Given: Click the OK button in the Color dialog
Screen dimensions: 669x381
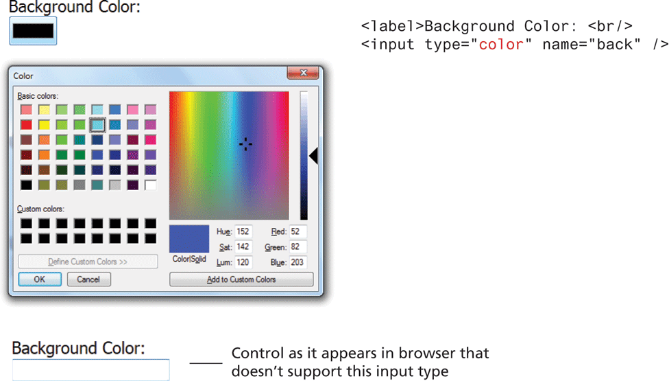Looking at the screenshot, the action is (x=40, y=279).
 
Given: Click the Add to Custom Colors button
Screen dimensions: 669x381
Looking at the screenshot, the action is (x=241, y=279).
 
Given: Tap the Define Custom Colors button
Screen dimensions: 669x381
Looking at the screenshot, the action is (x=88, y=262).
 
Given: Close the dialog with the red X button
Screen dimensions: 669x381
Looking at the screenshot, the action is (x=303, y=73).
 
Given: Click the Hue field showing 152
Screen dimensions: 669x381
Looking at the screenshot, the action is (x=243, y=231).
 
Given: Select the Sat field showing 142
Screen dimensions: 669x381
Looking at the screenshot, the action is (x=243, y=247).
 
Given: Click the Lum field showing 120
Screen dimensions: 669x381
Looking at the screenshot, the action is (x=243, y=262).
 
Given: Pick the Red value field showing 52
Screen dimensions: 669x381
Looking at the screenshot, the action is (x=297, y=231).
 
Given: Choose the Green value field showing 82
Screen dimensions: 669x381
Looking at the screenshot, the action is (x=297, y=247).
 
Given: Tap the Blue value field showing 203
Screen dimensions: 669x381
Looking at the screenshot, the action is (x=297, y=262).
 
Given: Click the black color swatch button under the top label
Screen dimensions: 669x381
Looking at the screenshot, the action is (x=34, y=31).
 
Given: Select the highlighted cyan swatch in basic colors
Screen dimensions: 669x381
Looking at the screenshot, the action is (x=97, y=125).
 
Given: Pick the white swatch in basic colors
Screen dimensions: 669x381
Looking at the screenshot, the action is (x=150, y=185).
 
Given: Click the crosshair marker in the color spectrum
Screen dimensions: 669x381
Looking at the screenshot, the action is (x=245, y=144).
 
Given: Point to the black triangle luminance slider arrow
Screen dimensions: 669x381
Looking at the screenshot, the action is (x=314, y=156).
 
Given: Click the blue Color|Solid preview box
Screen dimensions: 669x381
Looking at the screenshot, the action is (x=189, y=239).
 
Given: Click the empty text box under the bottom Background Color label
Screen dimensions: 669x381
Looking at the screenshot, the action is (x=91, y=370).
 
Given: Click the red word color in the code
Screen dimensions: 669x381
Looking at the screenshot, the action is (x=501, y=45).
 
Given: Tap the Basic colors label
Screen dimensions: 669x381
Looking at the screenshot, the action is (x=38, y=96).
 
